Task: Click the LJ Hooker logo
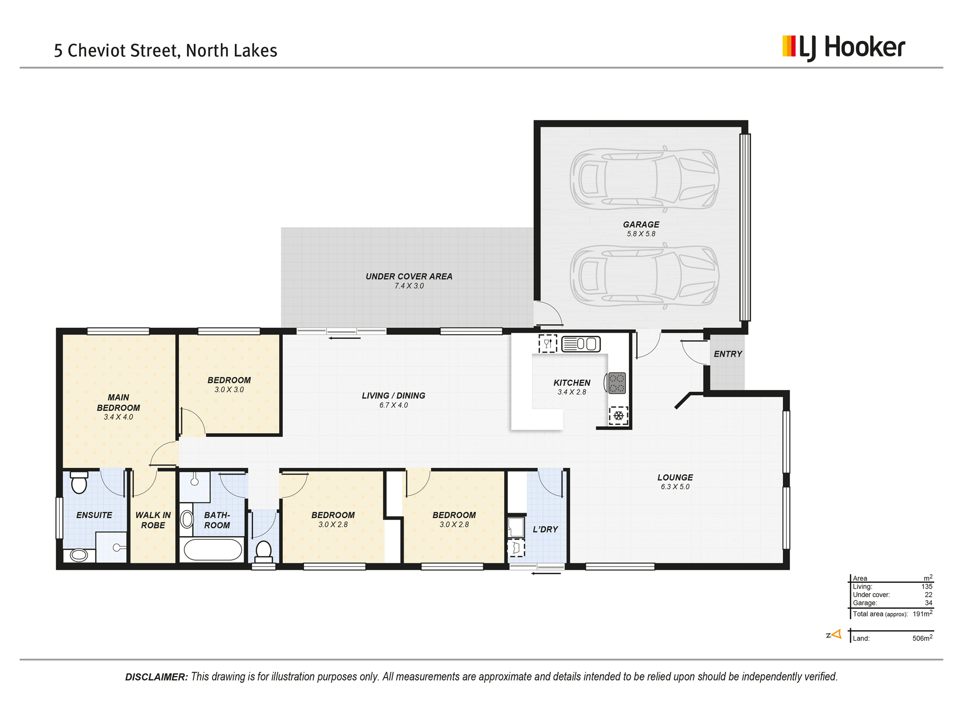(844, 48)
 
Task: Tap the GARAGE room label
(641, 225)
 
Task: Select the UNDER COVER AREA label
(409, 276)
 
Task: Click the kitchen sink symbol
(581, 344)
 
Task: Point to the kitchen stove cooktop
(617, 383)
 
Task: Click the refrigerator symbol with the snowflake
(618, 416)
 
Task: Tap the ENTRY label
(728, 354)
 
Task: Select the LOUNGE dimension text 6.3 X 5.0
(675, 487)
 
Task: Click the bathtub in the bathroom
(213, 549)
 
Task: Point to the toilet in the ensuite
(79, 483)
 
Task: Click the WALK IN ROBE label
(153, 520)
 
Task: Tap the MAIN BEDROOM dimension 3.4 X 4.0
(118, 417)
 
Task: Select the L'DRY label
(545, 529)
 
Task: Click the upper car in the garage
(644, 179)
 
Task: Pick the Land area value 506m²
(922, 638)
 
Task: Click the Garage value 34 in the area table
(928, 603)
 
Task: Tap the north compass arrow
(836, 634)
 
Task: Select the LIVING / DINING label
(394, 395)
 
